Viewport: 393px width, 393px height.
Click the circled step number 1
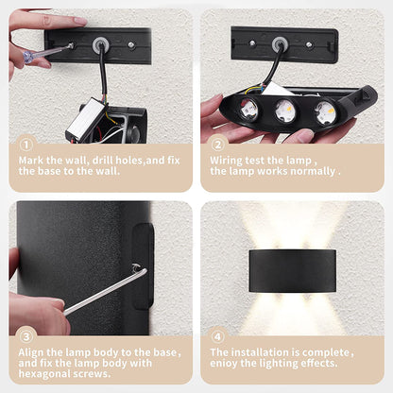point(26,145)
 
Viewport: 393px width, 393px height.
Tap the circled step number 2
point(217,145)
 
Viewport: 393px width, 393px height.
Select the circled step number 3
point(26,336)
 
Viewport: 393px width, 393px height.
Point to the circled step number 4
point(217,336)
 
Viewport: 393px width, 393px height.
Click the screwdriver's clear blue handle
point(33,57)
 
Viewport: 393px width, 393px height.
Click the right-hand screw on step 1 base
point(131,45)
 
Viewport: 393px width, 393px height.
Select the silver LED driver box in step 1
point(85,119)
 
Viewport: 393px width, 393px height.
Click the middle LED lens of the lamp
point(285,111)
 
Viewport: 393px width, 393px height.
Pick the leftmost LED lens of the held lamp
point(248,110)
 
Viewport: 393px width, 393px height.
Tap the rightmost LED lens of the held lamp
point(325,112)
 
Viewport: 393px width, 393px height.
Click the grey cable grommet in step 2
point(280,44)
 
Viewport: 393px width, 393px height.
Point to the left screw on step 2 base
point(252,43)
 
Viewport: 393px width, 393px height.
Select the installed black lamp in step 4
point(292,271)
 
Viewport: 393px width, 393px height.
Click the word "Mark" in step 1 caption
point(31,161)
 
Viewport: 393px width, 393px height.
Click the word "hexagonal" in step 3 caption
point(44,374)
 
